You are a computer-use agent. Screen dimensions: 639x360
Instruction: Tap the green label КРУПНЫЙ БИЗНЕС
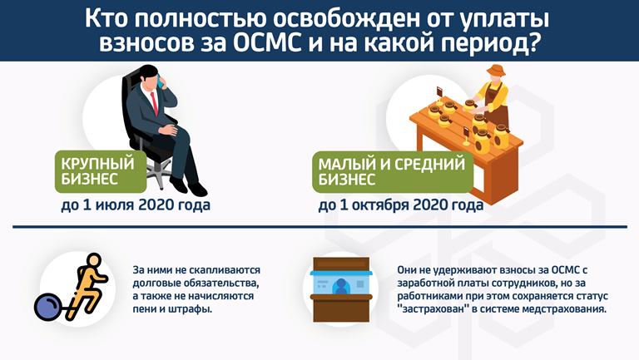101,171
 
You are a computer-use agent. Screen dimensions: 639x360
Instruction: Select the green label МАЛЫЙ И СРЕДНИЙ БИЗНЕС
393,172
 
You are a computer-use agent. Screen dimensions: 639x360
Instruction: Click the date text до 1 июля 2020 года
136,205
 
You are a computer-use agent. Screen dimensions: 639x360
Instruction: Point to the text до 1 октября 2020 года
401,205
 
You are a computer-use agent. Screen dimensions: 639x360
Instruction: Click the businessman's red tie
154,103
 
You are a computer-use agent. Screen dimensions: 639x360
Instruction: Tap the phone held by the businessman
160,81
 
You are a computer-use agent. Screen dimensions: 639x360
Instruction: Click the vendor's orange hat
496,71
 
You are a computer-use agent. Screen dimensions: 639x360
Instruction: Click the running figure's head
94,260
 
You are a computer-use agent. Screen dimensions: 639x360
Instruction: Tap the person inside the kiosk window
341,287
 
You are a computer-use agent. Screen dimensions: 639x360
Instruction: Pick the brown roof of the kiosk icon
341,264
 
